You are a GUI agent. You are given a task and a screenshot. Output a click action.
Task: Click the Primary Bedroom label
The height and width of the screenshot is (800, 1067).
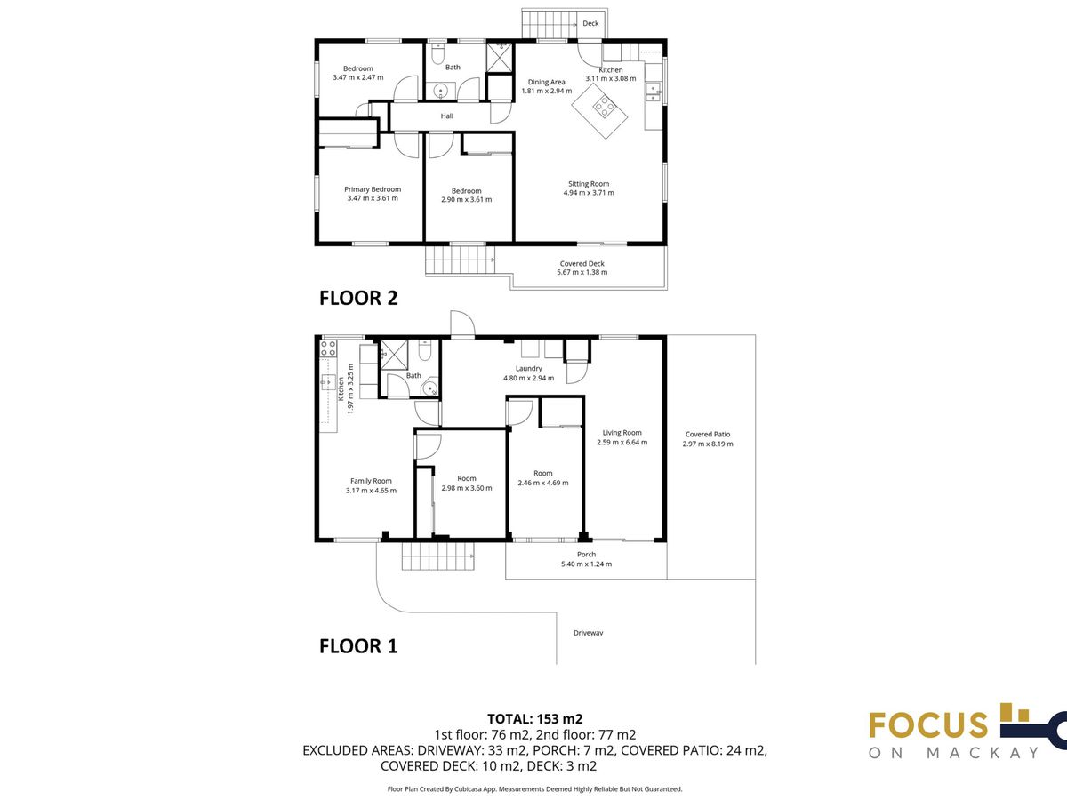click(373, 189)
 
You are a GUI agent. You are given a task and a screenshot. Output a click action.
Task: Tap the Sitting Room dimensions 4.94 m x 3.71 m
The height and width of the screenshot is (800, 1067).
click(589, 193)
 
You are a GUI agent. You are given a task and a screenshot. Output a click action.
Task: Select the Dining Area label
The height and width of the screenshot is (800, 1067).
click(546, 82)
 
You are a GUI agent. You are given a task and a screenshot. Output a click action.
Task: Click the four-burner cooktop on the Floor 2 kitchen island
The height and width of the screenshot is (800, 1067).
click(603, 107)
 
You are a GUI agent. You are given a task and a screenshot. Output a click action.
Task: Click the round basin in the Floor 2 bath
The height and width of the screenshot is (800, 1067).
click(441, 91)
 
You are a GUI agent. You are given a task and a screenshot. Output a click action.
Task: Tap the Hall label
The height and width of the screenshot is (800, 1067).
click(446, 116)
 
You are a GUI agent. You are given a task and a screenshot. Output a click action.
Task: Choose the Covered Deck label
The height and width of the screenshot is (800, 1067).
click(582, 264)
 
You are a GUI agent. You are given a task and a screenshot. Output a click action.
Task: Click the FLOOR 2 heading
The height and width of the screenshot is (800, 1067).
click(358, 299)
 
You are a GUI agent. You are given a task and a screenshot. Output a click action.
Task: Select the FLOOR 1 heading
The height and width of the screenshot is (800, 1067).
click(358, 646)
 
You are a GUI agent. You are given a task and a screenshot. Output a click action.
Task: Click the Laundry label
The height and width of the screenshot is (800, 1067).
click(528, 369)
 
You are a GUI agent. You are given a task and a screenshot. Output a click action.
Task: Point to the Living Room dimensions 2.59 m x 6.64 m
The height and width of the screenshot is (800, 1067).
click(622, 443)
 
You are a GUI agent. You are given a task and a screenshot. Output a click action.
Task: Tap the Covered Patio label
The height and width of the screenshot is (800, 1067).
click(708, 435)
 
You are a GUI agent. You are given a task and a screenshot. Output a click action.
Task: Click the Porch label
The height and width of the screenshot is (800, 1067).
click(586, 554)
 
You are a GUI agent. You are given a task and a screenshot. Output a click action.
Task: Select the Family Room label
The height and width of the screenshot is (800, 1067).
click(371, 481)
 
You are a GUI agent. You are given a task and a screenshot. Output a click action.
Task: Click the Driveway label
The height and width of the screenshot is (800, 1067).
click(589, 633)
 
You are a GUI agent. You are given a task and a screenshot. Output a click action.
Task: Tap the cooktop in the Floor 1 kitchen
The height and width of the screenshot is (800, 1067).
click(328, 348)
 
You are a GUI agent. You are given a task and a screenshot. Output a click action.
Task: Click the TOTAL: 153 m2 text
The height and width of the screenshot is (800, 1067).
click(534, 719)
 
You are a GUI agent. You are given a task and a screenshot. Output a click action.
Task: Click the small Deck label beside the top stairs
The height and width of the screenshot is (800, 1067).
click(590, 23)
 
